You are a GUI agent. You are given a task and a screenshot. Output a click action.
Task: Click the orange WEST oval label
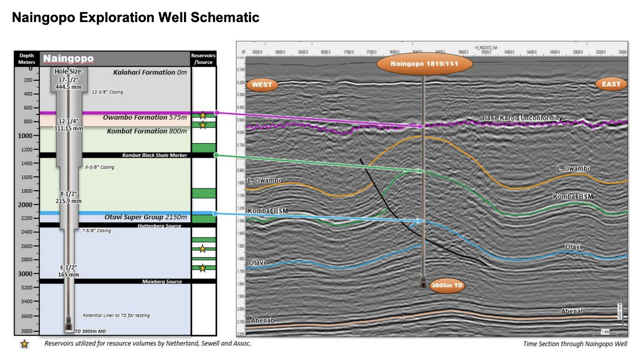pos(262,85)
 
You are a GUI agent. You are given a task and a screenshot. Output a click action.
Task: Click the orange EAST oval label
pos(611,84)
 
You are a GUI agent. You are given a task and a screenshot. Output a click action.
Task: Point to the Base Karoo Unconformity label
pos(522,118)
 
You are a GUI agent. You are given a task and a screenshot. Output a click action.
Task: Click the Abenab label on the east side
pos(573,311)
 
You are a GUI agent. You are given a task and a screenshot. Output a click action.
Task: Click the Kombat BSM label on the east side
pos(573,196)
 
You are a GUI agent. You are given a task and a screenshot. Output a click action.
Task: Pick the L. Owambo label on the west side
pos(265,180)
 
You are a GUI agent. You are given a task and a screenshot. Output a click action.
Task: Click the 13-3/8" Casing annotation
pos(107,92)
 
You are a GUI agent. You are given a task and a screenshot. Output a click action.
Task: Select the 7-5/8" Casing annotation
pos(96,230)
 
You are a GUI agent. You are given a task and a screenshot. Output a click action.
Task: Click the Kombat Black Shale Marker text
pos(154,155)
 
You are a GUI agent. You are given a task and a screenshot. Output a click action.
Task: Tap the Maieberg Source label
pos(161,281)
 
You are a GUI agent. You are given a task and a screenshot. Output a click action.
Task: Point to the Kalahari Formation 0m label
pos(150,72)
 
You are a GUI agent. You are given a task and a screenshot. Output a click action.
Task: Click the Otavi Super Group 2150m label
pos(146,217)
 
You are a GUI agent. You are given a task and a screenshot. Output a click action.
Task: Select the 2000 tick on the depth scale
pos(26,205)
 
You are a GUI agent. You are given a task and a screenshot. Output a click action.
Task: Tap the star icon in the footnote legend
pos(24,344)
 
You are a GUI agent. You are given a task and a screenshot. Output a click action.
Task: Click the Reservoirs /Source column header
pos(204,59)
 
